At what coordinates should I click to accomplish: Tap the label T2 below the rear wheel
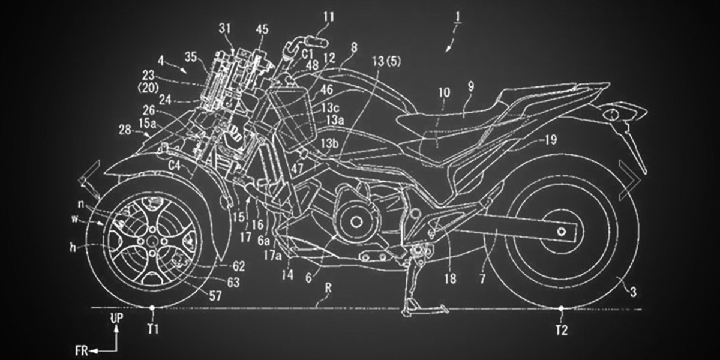[562, 329]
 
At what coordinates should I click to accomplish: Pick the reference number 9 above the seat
[471, 86]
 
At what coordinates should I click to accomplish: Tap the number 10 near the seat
[443, 94]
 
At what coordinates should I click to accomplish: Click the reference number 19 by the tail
[550, 140]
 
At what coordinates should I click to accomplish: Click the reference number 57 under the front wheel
[214, 295]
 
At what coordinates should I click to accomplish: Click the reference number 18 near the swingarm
[451, 278]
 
